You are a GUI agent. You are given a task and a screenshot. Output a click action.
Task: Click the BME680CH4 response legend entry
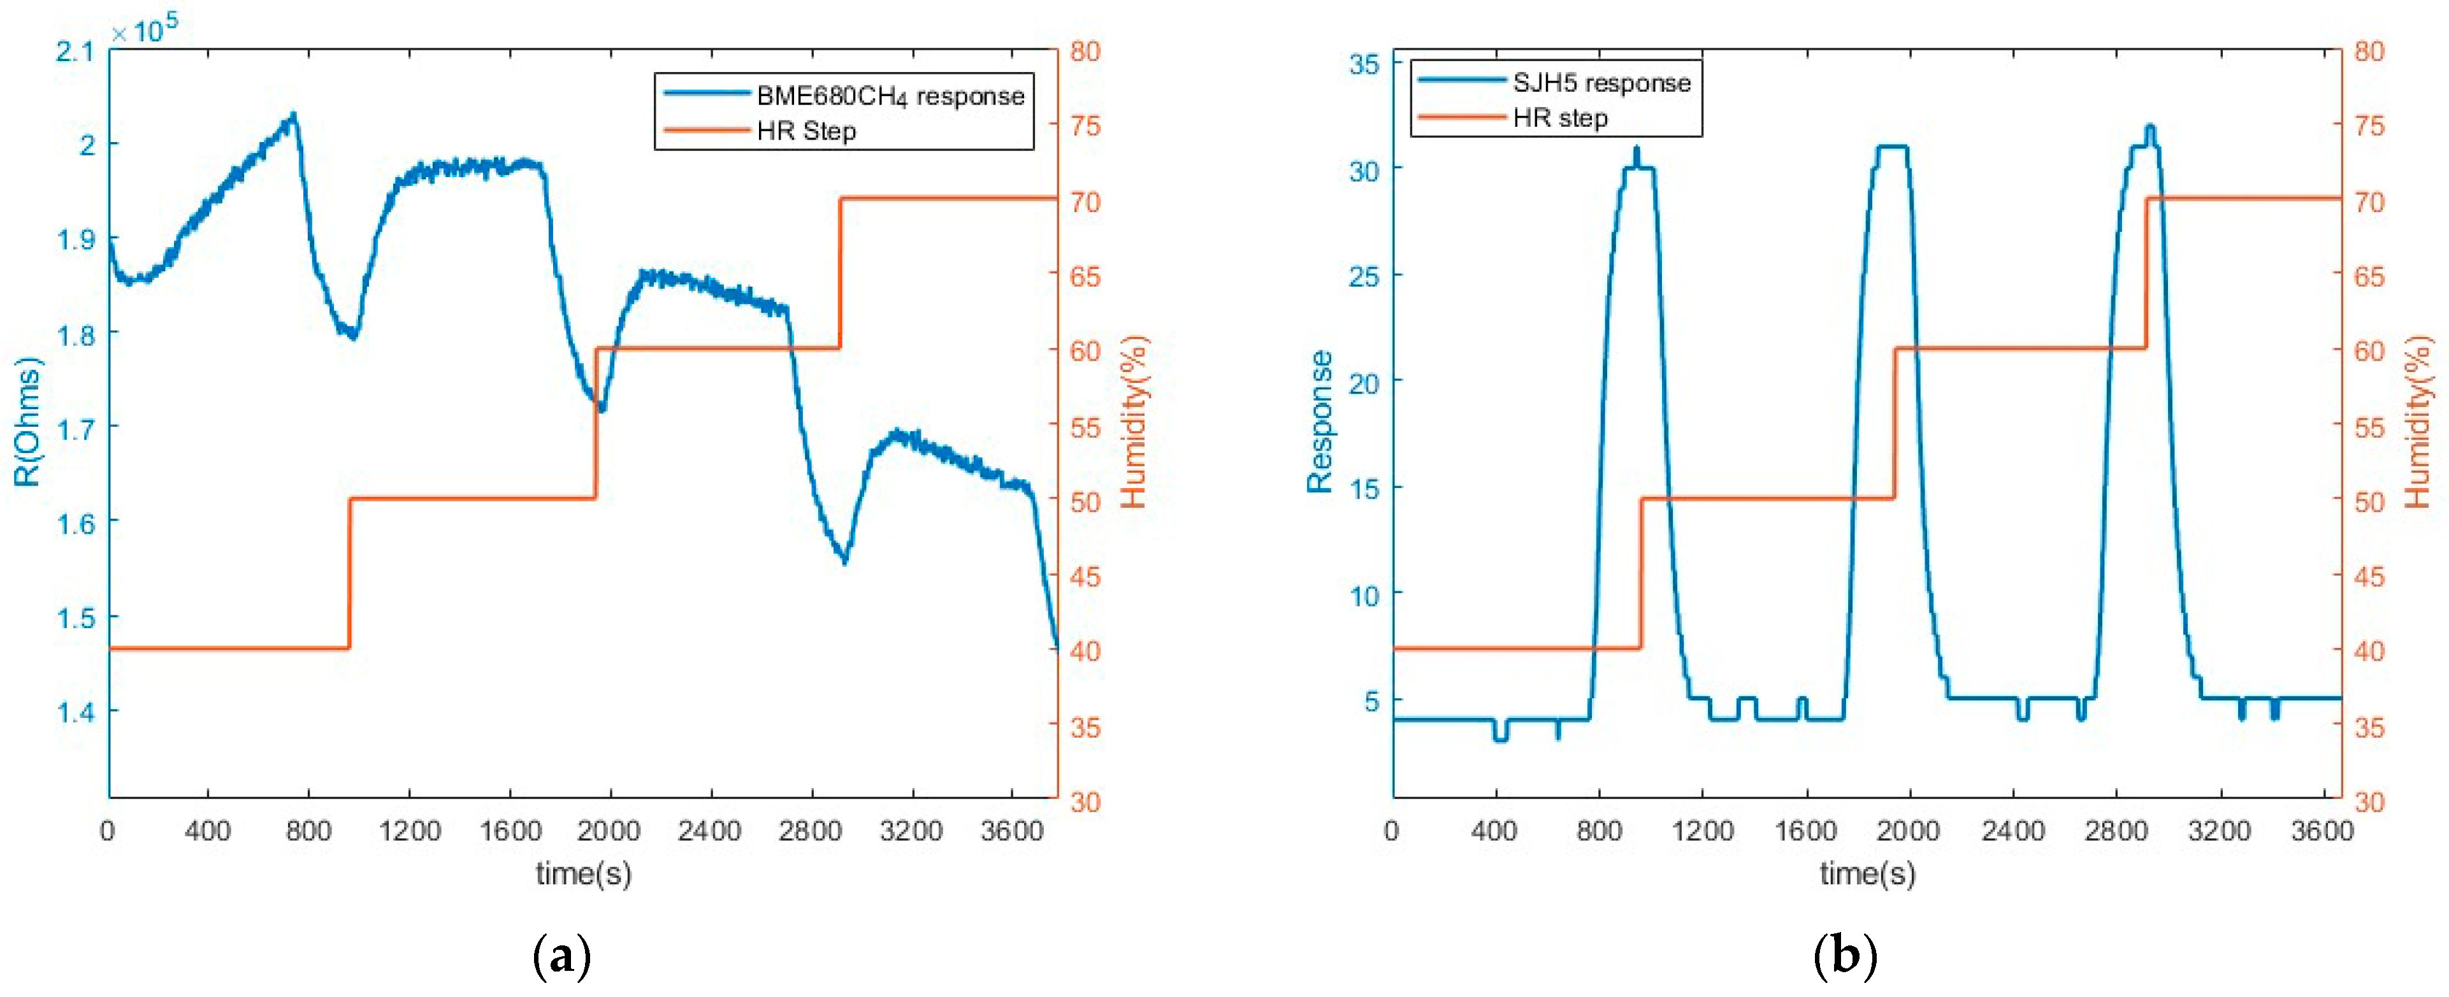tap(890, 96)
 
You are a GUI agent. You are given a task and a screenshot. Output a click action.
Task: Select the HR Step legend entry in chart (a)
tap(806, 131)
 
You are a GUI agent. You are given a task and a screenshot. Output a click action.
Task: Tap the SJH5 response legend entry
tap(1601, 83)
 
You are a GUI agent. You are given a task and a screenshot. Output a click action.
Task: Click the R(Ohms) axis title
tap(29, 421)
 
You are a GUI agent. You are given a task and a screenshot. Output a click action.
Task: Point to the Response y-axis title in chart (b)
tap(1320, 421)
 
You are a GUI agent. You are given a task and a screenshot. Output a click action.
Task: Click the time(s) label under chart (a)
tap(583, 873)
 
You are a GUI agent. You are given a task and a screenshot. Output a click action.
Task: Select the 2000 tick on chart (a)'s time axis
tap(609, 831)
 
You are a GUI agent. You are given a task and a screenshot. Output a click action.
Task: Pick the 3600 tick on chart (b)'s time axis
tap(2322, 831)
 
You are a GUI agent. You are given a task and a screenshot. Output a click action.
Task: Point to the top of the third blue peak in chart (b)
tap(2149, 126)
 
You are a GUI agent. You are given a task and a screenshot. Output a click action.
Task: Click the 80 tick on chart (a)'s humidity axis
tap(1085, 52)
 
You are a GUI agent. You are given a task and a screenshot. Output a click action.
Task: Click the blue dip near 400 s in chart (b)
tap(1501, 738)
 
